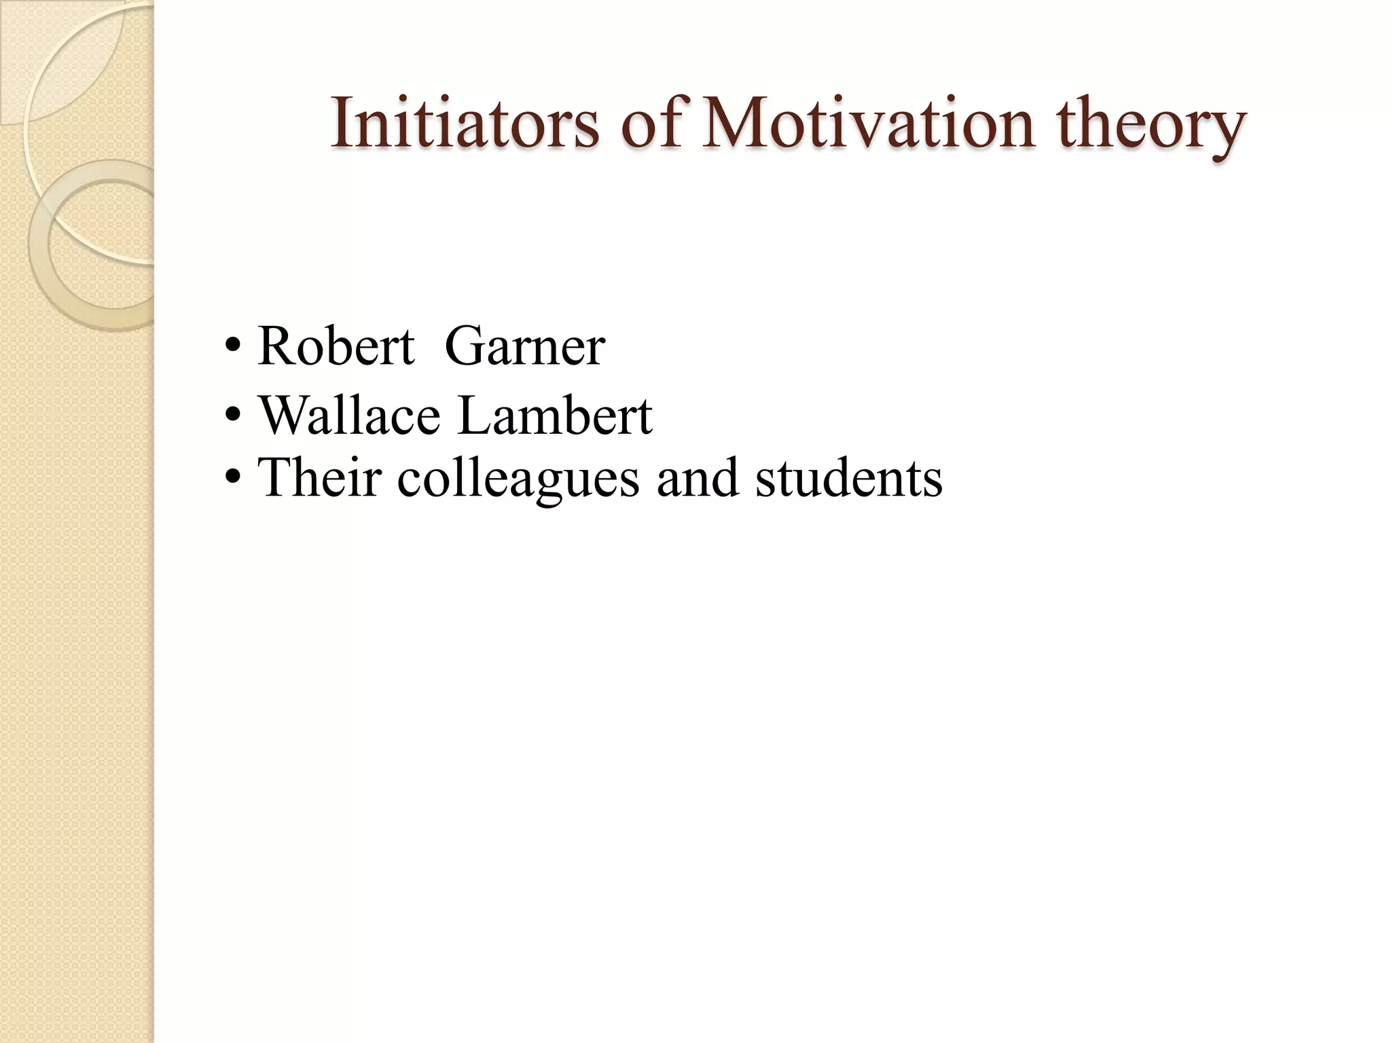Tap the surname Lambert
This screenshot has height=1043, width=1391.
click(x=555, y=415)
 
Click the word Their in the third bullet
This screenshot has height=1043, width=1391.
click(x=319, y=477)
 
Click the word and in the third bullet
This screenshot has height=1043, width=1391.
click(x=698, y=477)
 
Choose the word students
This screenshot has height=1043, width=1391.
click(x=849, y=477)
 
